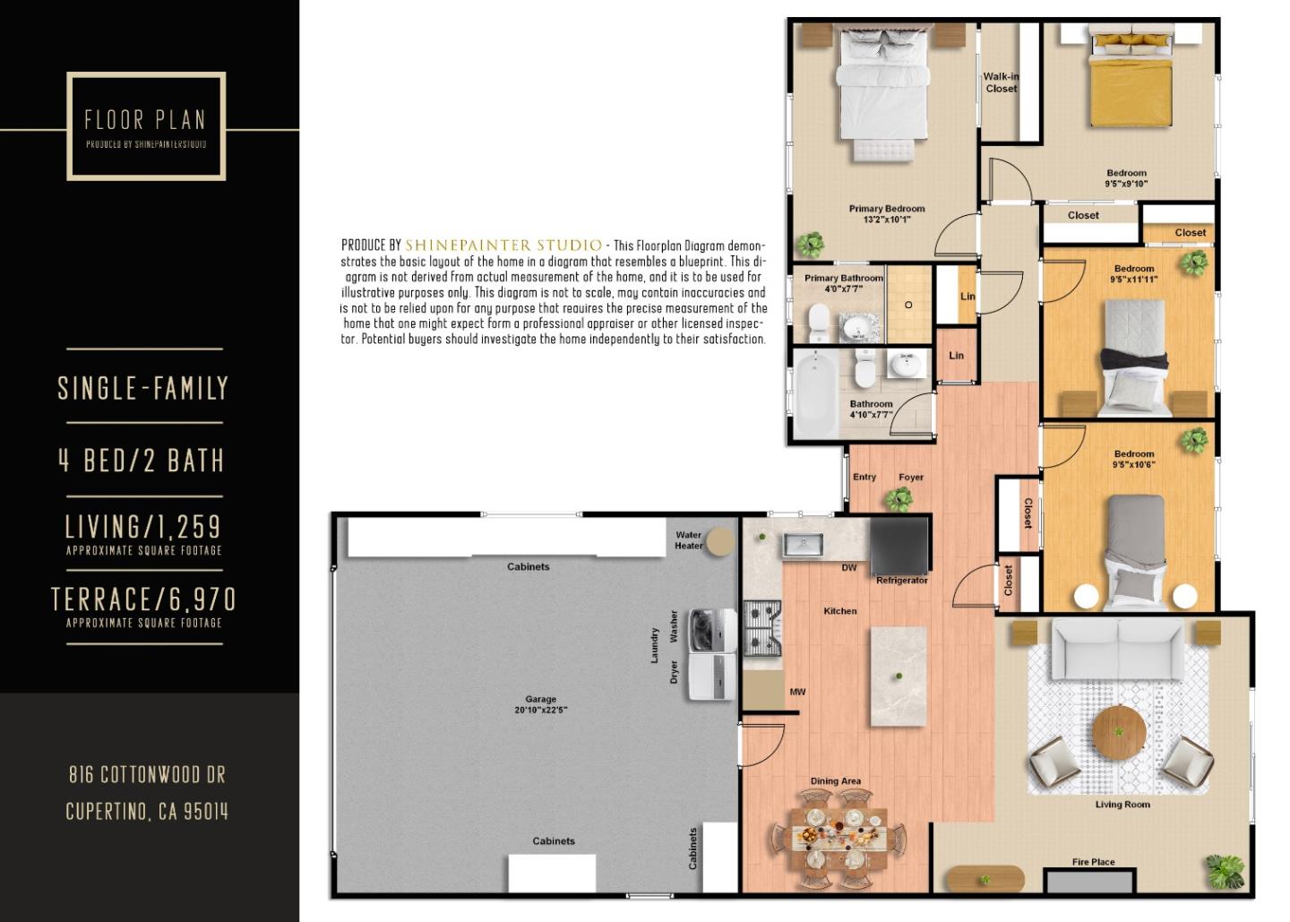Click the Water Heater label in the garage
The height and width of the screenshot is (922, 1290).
pos(688,540)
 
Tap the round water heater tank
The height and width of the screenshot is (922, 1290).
pos(718,542)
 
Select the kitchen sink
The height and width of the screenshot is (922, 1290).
pos(803,544)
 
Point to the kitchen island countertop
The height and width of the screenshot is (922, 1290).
pos(899,676)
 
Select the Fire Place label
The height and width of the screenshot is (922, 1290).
pos(1093,862)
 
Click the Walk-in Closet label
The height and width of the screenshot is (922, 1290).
pos(1001,82)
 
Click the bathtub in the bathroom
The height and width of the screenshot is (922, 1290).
pos(815,395)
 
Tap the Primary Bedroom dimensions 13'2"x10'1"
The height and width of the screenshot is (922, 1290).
pos(886,220)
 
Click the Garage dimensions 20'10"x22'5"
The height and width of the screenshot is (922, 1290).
pos(540,710)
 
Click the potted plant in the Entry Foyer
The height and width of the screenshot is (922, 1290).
pos(899,499)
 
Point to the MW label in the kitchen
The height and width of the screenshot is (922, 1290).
pos(797,692)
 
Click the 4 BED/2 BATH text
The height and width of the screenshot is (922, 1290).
pos(142,461)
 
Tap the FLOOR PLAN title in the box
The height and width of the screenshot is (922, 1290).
pos(145,120)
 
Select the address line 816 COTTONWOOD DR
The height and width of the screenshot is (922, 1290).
pos(147,774)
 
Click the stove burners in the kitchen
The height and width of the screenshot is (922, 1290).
pos(762,628)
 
